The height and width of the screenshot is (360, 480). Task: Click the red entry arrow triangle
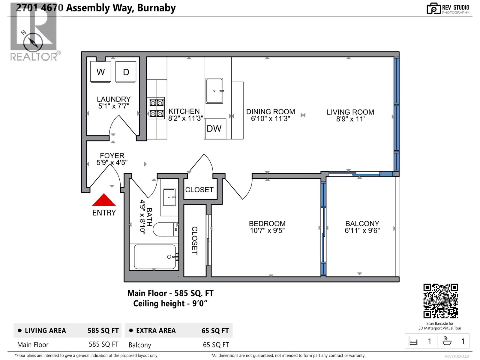[104, 200]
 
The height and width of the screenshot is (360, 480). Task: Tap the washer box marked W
[101, 72]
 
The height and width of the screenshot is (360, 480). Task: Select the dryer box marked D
[126, 72]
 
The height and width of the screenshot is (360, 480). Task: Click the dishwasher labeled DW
[214, 129]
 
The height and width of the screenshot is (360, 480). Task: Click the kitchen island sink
[214, 91]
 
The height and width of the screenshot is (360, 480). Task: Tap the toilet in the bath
[165, 229]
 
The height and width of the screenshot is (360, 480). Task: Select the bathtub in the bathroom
[155, 257]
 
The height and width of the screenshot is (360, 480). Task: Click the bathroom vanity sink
[169, 197]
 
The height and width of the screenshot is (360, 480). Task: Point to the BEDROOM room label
[267, 223]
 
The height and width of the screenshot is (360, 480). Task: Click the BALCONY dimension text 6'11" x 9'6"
[362, 231]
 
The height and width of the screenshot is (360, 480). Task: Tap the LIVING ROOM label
[350, 112]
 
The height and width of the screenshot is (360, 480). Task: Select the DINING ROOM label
[270, 112]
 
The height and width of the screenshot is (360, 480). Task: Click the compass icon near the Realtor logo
[31, 42]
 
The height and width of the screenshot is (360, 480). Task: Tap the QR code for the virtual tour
[440, 301]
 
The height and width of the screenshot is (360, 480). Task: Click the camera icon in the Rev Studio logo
[433, 9]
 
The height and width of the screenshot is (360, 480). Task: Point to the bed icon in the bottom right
[413, 341]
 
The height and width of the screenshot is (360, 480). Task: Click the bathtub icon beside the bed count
[447, 341]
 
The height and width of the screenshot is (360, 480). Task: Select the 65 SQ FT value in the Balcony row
[216, 345]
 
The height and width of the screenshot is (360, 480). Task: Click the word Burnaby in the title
[156, 8]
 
